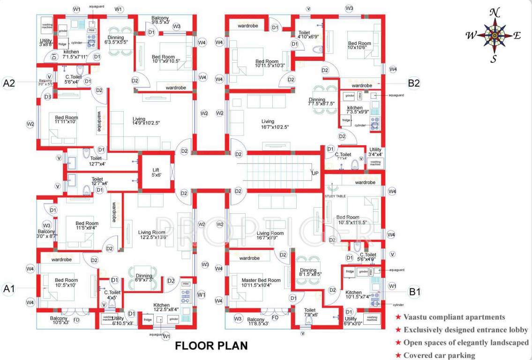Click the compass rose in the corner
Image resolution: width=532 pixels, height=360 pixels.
[494, 35]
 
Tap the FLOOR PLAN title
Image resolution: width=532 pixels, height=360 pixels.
[211, 346]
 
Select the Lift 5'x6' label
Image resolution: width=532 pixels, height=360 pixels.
[157, 172]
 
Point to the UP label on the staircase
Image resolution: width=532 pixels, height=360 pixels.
[315, 173]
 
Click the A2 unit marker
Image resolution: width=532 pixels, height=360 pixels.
[9, 83]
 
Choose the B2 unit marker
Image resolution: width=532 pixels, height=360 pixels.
[414, 83]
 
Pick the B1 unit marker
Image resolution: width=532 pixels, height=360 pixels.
[415, 292]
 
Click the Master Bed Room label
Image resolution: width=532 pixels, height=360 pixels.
[261, 283]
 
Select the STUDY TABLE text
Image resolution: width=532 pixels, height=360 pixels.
[335, 196]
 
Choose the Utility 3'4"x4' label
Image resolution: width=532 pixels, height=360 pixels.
[375, 152]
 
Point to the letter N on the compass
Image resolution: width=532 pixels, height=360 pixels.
[494, 13]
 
